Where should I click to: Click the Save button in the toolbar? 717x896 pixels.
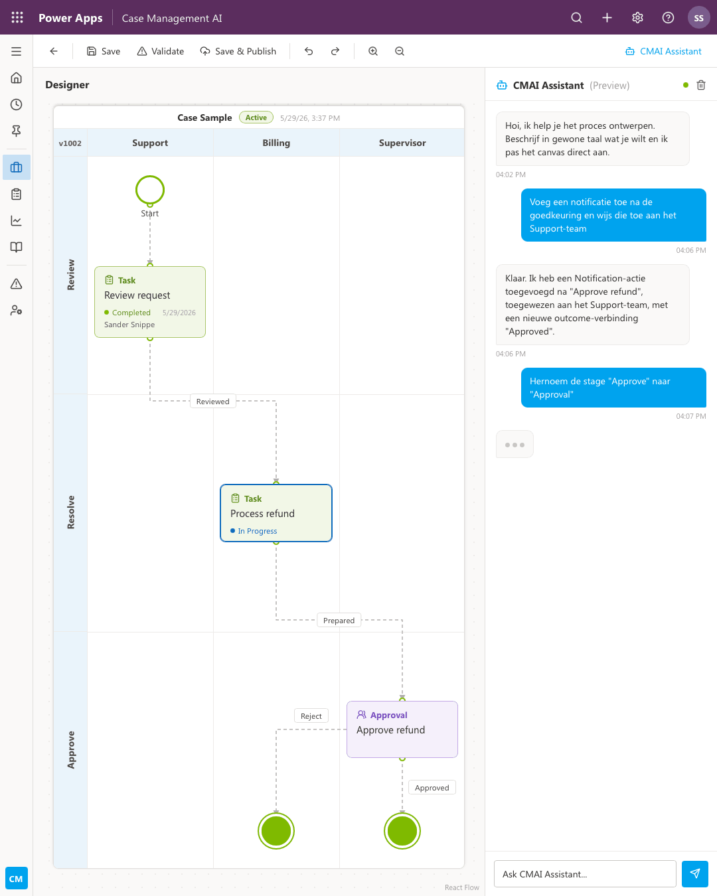(x=104, y=51)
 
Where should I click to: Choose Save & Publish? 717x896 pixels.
(x=238, y=51)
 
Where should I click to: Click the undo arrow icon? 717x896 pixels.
(x=308, y=51)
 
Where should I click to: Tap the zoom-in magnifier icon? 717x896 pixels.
(x=373, y=51)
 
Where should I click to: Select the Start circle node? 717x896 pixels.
(x=150, y=176)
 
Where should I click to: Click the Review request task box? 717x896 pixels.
(x=150, y=302)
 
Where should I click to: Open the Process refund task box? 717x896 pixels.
(x=276, y=513)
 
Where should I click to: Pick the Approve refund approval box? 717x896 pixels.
(x=402, y=729)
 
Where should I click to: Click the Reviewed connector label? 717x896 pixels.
(x=213, y=402)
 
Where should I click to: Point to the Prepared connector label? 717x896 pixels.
(x=339, y=621)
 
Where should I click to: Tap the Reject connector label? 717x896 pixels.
(x=311, y=715)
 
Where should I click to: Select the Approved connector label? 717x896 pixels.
(x=432, y=787)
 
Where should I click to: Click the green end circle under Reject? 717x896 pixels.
(x=276, y=831)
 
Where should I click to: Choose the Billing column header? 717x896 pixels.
(x=276, y=143)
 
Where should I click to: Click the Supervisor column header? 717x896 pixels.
(x=402, y=143)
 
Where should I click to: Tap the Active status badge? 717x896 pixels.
(x=256, y=117)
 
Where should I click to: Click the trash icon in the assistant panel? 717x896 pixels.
(x=701, y=85)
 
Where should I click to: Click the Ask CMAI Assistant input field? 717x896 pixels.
(x=585, y=873)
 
